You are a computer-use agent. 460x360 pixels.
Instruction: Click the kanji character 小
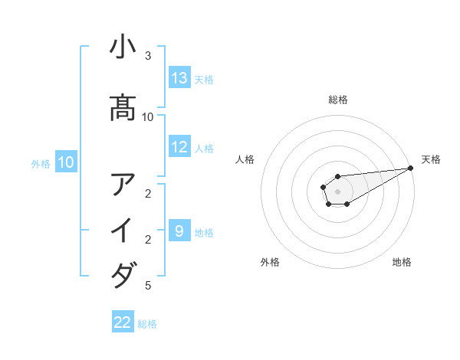click(123, 47)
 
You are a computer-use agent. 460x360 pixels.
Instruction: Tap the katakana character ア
click(123, 185)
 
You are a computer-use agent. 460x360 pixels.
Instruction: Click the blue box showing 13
click(179, 77)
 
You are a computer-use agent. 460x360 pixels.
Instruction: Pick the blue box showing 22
click(123, 322)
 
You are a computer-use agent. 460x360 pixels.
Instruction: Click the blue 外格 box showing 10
click(66, 162)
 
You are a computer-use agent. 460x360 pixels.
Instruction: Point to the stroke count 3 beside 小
click(148, 56)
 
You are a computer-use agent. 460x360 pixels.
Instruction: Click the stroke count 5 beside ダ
click(148, 286)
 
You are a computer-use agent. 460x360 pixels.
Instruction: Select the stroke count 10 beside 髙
click(148, 116)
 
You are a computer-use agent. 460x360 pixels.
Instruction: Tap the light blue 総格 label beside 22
click(147, 324)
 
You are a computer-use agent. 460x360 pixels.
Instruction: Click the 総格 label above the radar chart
click(338, 100)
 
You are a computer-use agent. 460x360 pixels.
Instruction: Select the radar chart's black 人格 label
click(245, 159)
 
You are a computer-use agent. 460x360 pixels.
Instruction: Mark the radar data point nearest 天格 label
click(411, 169)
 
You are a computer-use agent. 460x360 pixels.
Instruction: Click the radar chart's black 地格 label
click(402, 262)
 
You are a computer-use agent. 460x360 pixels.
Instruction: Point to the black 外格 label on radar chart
click(270, 262)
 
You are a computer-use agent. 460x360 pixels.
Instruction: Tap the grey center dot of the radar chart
click(337, 190)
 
